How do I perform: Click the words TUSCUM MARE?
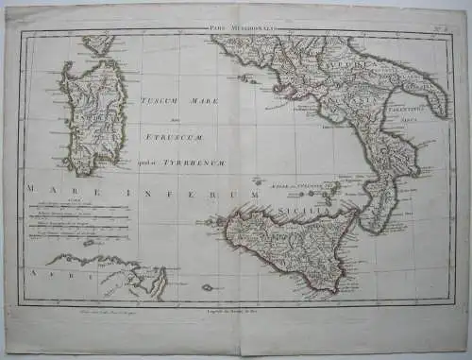pos(179,101)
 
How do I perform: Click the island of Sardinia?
pos(92,118)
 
